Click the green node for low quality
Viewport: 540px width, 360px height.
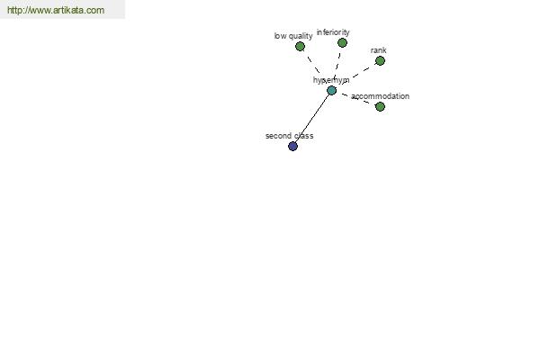pyautogui.click(x=300, y=47)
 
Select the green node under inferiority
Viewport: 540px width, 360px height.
pyautogui.click(x=342, y=42)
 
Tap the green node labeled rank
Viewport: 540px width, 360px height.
pyautogui.click(x=380, y=61)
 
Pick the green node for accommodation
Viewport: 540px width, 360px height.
pyautogui.click(x=380, y=107)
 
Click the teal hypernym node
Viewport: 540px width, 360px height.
pyautogui.click(x=331, y=91)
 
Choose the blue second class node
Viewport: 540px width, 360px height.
pyautogui.click(x=292, y=147)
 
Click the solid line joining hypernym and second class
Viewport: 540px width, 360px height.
pyautogui.click(x=312, y=119)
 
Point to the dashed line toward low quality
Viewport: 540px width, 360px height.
pyautogui.click(x=314, y=65)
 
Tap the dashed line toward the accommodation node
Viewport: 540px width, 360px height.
pyautogui.click(x=355, y=98)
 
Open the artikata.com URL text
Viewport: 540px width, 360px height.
pyautogui.click(x=56, y=10)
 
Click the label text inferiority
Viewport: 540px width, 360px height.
pyautogui.click(x=333, y=32)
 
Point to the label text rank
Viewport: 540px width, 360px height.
pyautogui.click(x=379, y=50)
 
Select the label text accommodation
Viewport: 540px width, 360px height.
pyautogui.click(x=380, y=96)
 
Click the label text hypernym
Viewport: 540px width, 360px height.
pyautogui.click(x=331, y=80)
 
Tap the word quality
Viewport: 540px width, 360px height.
pyautogui.click(x=301, y=36)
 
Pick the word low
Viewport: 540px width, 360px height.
pyautogui.click(x=280, y=36)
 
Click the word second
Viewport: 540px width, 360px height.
pyautogui.click(x=278, y=136)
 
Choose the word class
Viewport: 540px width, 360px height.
pyautogui.click(x=304, y=136)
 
